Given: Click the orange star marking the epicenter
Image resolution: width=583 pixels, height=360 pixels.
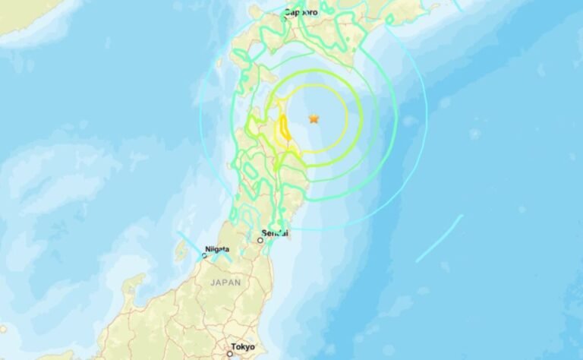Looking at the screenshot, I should (x=314, y=118).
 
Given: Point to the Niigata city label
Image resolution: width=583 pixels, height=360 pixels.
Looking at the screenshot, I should (x=216, y=248).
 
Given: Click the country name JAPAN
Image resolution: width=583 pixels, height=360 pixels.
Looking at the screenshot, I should (x=225, y=282).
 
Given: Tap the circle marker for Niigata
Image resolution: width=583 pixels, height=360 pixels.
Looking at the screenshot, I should (x=203, y=256).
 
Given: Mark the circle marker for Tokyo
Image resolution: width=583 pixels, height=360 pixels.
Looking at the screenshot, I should (x=230, y=353).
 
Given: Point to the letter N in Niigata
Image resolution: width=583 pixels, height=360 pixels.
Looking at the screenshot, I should (x=206, y=248).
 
